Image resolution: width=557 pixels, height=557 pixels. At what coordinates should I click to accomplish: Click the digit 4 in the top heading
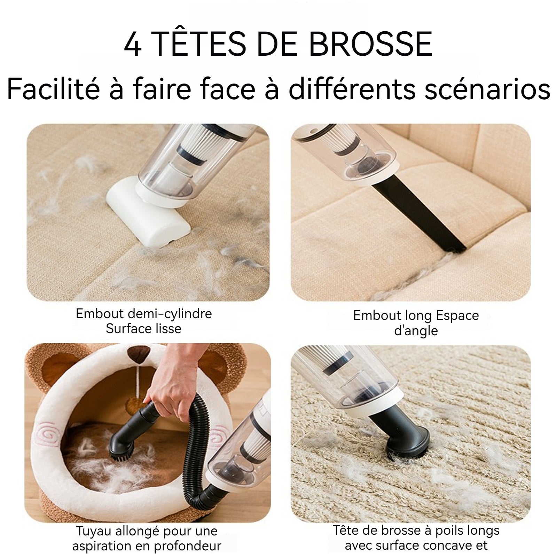133,45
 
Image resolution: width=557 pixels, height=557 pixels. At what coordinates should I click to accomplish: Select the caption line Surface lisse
143,329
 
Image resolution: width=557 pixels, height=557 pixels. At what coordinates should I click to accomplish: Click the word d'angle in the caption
416,331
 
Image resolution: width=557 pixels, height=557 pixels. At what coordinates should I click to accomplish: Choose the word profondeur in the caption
188,546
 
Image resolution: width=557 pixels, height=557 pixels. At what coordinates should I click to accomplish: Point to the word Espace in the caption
457,315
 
